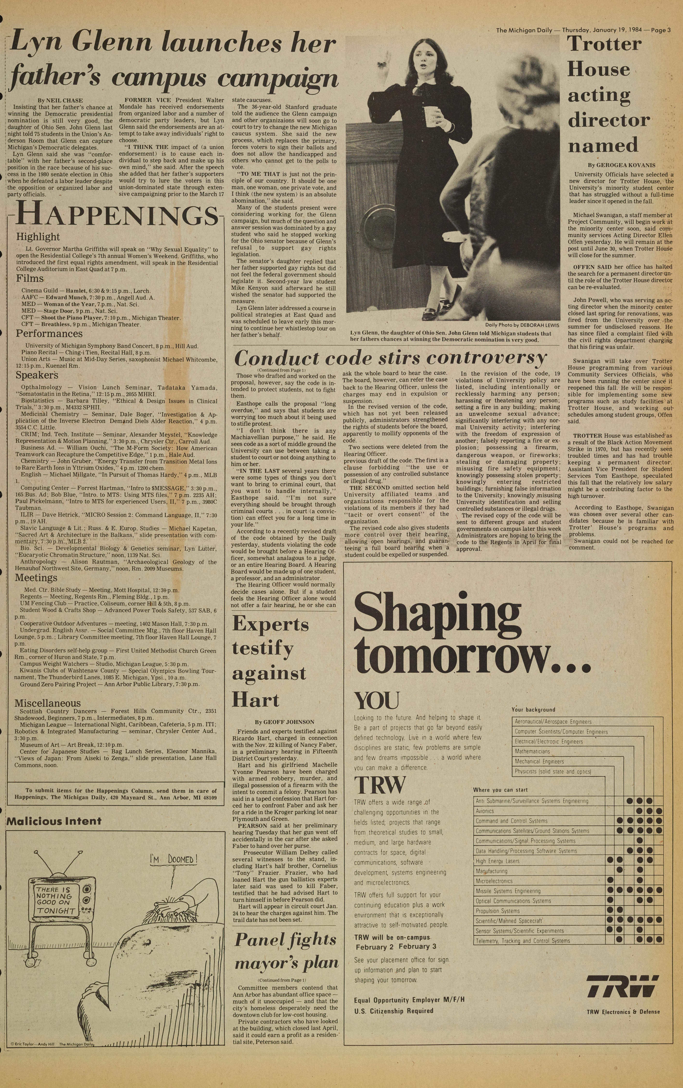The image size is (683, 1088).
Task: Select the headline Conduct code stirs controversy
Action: point(390,358)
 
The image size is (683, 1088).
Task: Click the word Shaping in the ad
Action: point(437,616)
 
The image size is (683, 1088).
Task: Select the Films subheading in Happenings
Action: point(30,278)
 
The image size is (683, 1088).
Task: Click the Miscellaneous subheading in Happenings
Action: point(47,703)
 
